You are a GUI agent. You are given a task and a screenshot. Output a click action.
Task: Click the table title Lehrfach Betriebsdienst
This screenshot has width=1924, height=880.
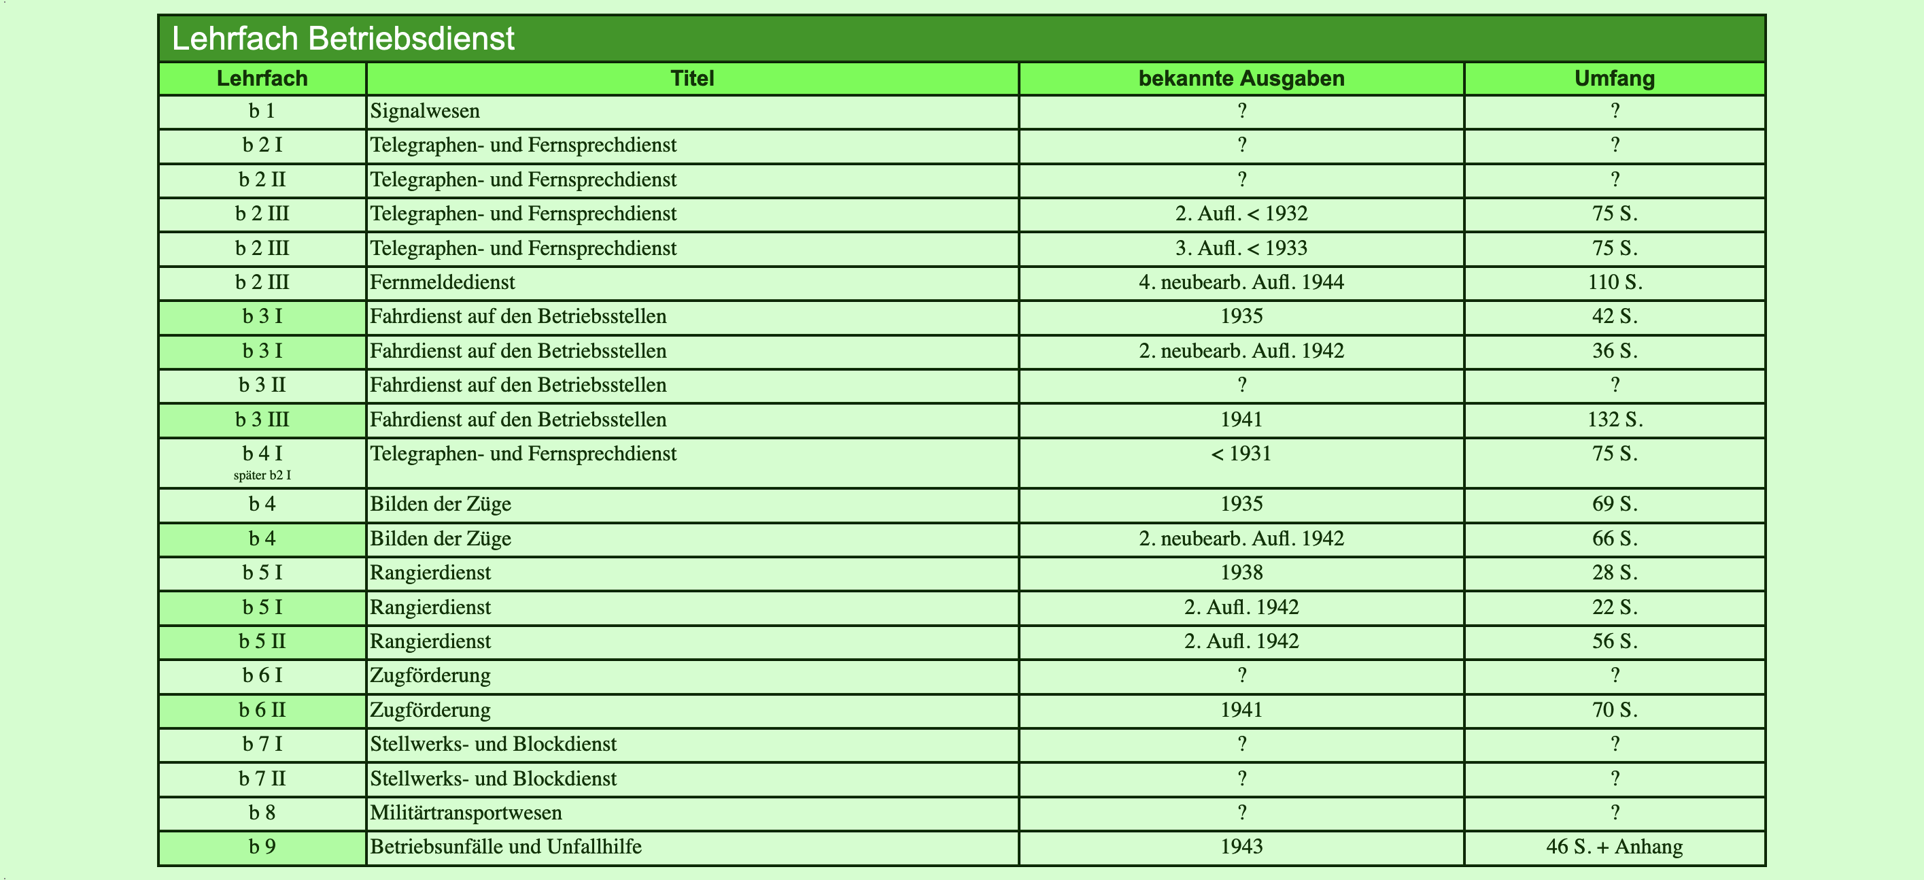[343, 39]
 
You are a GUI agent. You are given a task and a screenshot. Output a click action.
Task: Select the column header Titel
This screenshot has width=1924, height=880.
[691, 78]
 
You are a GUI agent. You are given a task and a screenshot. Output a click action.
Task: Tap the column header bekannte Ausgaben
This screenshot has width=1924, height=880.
[1241, 78]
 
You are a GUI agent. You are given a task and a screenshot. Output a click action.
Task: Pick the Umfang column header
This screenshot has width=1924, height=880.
[1614, 78]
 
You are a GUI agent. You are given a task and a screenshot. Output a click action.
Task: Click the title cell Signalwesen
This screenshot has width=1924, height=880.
[425, 112]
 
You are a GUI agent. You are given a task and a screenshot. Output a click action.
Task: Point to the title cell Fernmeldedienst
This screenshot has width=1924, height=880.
[442, 282]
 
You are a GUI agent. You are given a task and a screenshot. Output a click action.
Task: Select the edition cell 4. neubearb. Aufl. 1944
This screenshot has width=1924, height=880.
[1241, 282]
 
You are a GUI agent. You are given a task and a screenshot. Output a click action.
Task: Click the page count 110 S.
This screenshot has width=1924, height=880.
[1614, 282]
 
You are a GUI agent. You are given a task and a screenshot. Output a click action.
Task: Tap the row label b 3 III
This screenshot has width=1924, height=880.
[262, 420]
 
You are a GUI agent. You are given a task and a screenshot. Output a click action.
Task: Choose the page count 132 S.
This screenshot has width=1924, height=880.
[1614, 420]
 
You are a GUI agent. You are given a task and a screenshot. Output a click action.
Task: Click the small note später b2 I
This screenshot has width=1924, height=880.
[262, 475]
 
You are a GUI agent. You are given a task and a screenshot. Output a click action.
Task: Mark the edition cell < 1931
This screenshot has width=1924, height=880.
[1241, 454]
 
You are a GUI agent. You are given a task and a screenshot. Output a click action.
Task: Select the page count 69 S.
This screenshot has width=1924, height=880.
[1614, 503]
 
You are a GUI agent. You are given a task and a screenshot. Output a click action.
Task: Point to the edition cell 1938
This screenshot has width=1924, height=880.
[1241, 573]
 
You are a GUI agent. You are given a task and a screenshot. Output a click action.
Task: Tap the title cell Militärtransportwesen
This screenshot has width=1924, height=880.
[466, 813]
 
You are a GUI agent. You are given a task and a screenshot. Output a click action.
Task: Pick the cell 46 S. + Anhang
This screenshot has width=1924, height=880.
[1614, 847]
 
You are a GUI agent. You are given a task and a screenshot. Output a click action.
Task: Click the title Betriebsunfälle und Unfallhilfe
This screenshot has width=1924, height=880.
[506, 847]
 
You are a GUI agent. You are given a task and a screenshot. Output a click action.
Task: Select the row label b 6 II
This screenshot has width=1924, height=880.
[262, 710]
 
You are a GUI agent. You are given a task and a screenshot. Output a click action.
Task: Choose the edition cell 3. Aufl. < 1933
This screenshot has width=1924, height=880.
[1241, 248]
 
